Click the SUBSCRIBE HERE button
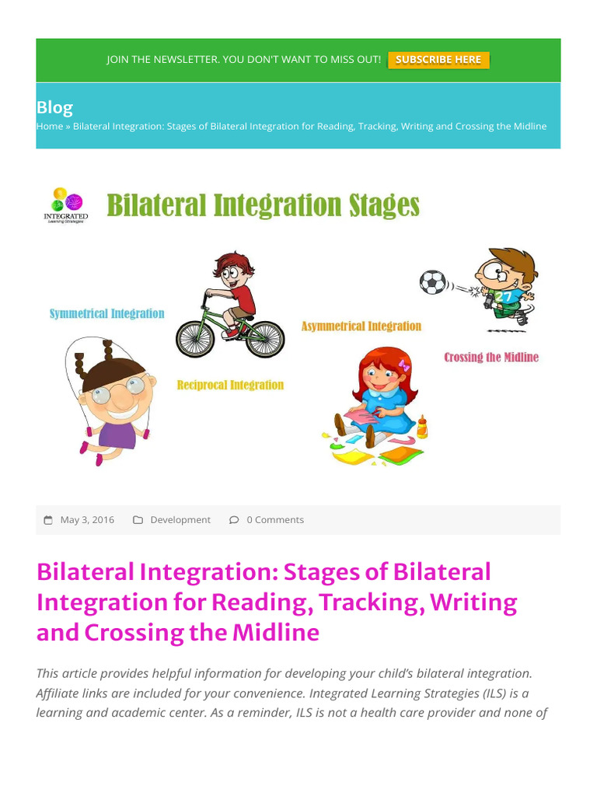(438, 60)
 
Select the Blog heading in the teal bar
(54, 107)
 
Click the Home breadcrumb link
(49, 126)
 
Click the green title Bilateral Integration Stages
(263, 205)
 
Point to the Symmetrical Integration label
(106, 313)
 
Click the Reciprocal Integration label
(230, 385)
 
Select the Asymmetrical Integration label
(361, 326)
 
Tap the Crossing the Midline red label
(491, 358)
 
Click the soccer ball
(432, 281)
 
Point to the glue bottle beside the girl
(421, 425)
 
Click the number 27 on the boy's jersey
(503, 297)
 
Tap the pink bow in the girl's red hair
(403, 364)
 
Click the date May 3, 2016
(87, 520)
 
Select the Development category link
(180, 520)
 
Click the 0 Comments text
(275, 520)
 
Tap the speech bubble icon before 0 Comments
(234, 520)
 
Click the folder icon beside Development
(138, 520)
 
